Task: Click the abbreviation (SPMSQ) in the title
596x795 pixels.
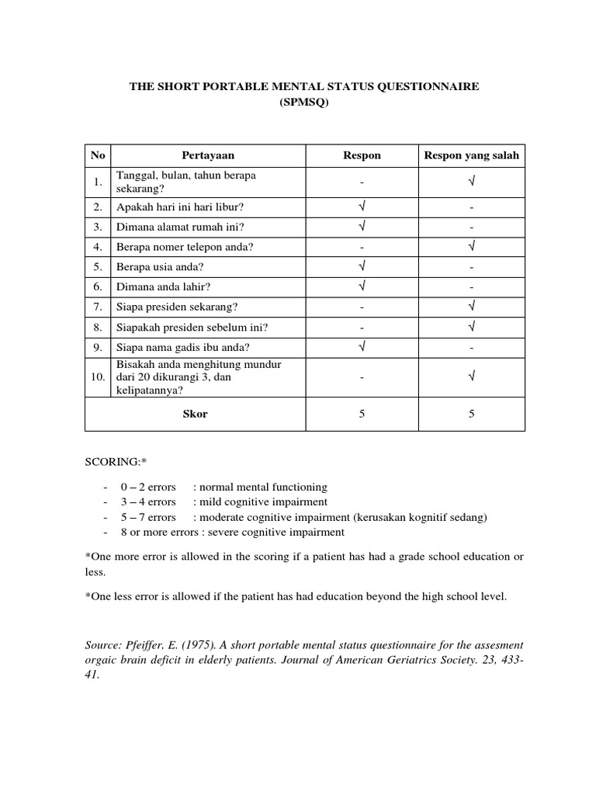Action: [x=303, y=102]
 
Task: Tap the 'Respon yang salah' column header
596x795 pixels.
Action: [x=471, y=155]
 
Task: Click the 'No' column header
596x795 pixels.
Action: [x=97, y=155]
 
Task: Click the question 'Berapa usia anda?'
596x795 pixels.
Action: [x=160, y=266]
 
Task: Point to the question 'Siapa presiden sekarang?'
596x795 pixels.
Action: [x=176, y=305]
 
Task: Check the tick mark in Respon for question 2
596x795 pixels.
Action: [x=362, y=207]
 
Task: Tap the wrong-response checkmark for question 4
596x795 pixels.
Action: [x=471, y=247]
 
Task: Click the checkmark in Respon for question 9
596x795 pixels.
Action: [x=362, y=345]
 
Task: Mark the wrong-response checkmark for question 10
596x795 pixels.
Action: [x=471, y=377]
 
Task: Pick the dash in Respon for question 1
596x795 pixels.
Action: [x=362, y=182]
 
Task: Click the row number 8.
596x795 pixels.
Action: [x=98, y=326]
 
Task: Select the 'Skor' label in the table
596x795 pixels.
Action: [x=195, y=414]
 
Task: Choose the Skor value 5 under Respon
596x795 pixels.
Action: [x=362, y=414]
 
